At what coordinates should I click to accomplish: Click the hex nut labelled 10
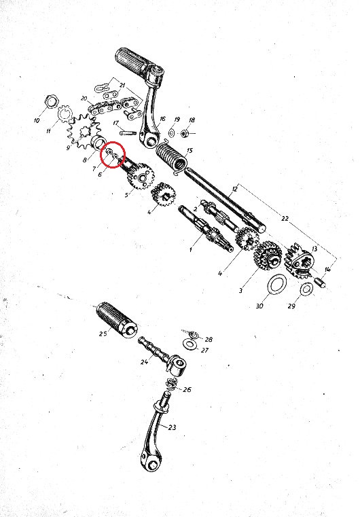tap(52, 101)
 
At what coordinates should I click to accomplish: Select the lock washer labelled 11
tap(65, 114)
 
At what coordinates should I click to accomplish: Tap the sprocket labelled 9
tap(83, 132)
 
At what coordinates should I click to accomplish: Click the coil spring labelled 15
tap(171, 157)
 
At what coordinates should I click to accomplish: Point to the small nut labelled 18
tap(185, 133)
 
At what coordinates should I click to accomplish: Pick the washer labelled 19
tap(172, 133)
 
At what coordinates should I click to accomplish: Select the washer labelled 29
tap(306, 289)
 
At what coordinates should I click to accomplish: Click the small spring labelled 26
tap(172, 382)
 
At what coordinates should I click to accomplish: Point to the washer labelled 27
tap(190, 344)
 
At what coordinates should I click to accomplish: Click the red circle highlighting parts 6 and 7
tap(113, 154)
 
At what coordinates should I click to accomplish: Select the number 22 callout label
tap(285, 218)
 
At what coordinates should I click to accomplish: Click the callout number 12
tap(234, 189)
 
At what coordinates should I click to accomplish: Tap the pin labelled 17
tap(128, 132)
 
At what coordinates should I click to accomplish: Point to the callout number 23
tap(172, 427)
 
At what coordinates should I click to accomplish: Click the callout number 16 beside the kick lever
tap(162, 119)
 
